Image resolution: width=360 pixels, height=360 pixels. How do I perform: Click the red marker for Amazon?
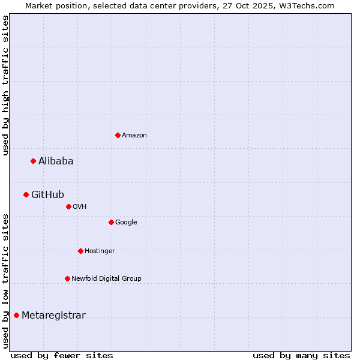click(x=118, y=135)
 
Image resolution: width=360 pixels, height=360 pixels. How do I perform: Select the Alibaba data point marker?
click(x=33, y=161)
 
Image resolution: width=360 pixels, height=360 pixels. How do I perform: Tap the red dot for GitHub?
click(x=26, y=194)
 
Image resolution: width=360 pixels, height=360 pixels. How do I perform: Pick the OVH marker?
click(x=68, y=206)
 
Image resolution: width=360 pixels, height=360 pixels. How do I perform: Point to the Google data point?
click(x=111, y=222)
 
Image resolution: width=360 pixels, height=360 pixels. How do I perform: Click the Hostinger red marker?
click(x=80, y=251)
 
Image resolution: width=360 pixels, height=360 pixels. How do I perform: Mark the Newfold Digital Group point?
click(x=67, y=278)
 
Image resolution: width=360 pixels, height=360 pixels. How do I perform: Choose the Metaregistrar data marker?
click(x=16, y=316)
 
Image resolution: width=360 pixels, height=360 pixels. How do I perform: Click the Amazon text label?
click(x=134, y=136)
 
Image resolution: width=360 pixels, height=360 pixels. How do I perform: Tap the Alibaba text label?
click(x=56, y=161)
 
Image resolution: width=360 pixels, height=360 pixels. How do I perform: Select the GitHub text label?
click(x=47, y=194)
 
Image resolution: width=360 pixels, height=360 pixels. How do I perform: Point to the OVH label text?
click(x=80, y=207)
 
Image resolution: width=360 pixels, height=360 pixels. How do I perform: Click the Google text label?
click(x=126, y=223)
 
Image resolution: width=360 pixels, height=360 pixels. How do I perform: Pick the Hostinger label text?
click(x=100, y=251)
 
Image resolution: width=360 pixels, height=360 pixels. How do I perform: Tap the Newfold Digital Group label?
click(x=106, y=278)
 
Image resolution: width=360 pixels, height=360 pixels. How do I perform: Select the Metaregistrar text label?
click(x=53, y=316)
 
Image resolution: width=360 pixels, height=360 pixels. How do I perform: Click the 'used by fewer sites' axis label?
click(x=62, y=355)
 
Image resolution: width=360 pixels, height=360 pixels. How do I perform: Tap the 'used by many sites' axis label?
click(x=301, y=355)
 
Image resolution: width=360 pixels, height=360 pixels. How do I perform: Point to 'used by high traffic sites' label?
click(x=6, y=85)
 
